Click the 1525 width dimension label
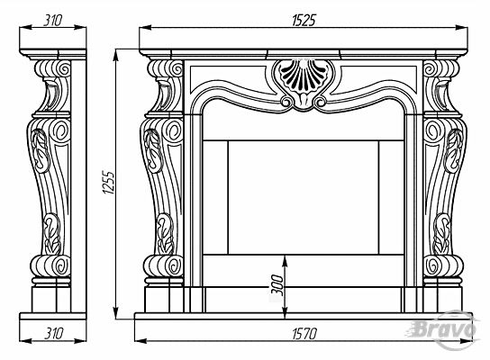[304, 21]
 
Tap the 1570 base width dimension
[304, 334]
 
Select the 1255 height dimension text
[109, 182]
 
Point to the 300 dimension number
[277, 285]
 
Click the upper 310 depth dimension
[52, 21]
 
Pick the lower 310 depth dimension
[53, 334]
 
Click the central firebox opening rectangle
[304, 198]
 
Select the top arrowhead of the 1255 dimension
[116, 56]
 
